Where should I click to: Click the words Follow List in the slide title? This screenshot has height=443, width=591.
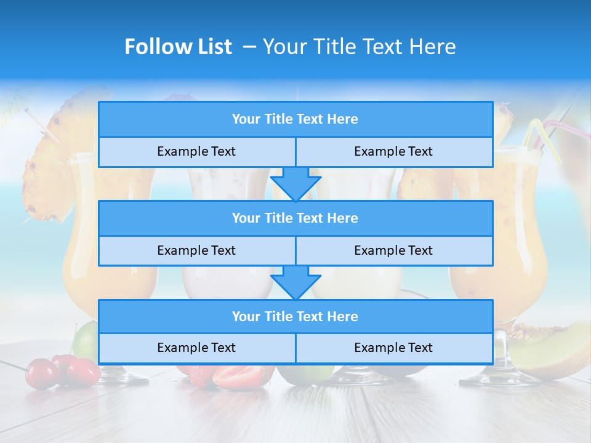(178, 47)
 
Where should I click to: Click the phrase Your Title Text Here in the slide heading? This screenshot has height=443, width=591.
(359, 47)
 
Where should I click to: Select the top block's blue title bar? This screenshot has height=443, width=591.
(295, 119)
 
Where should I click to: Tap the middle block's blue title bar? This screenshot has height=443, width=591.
(295, 218)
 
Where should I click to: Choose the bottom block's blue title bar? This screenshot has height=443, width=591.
(295, 316)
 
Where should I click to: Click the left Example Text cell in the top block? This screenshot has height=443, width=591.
(196, 152)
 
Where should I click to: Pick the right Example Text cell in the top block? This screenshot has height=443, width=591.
(394, 152)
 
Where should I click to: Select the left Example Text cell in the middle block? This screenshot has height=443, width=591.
(196, 250)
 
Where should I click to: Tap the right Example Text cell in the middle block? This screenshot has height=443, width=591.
(394, 250)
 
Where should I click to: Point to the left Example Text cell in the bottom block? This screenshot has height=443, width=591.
(196, 348)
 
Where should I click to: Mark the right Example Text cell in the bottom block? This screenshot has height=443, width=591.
(394, 348)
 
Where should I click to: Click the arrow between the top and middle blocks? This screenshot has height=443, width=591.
(295, 183)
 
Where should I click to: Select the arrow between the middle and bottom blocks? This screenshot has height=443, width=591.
(295, 282)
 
